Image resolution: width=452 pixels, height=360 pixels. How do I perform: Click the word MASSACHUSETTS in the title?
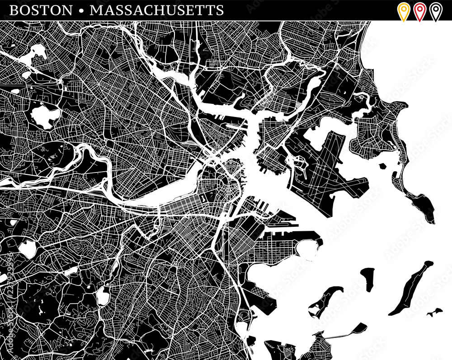click(156, 10)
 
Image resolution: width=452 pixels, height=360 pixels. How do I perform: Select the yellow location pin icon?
click(403, 10)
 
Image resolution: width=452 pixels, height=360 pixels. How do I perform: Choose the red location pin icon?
click(419, 10)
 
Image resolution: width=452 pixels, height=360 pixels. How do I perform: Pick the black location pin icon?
click(435, 10)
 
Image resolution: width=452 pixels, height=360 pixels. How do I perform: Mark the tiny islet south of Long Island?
click(435, 312)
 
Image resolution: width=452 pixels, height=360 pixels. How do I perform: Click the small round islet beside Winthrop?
click(383, 166)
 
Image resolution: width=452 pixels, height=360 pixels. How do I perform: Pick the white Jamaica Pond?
click(103, 296)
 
